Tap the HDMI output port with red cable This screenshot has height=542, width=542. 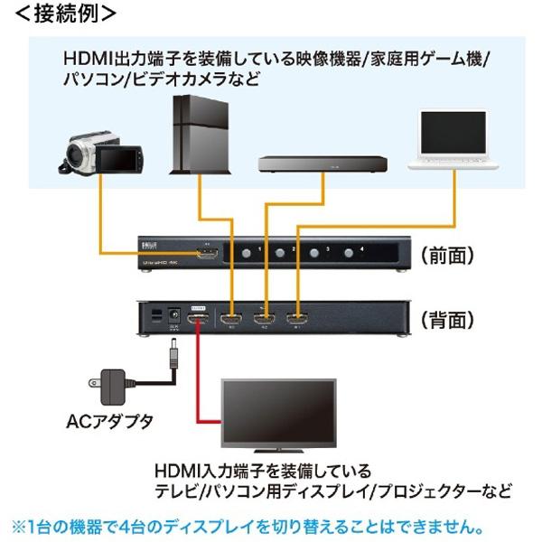196,318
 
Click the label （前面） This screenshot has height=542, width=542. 447,256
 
